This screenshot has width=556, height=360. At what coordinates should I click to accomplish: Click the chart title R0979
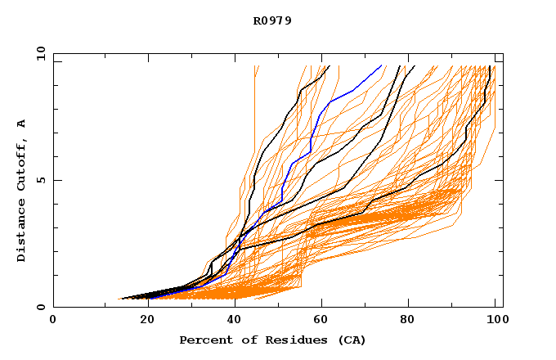click(272, 20)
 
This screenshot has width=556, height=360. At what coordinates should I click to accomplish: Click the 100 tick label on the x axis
click(495, 321)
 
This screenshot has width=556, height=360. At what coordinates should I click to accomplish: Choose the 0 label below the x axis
click(53, 321)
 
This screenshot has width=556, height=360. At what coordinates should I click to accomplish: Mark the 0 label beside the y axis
click(40, 307)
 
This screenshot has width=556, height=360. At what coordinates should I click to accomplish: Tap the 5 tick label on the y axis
click(40, 180)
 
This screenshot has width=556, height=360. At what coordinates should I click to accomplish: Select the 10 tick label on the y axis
click(39, 53)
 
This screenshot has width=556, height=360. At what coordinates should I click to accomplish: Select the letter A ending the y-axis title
click(22, 124)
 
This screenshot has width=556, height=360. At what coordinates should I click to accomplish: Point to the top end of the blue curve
click(382, 66)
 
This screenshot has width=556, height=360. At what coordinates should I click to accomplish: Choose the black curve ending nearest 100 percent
click(466, 131)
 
